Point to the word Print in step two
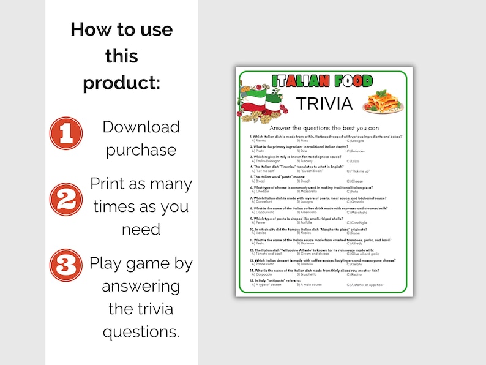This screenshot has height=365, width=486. [x=110, y=184]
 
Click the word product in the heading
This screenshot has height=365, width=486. [x=122, y=82]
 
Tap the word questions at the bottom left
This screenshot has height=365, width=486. [x=141, y=331]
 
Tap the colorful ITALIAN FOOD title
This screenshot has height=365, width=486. [x=322, y=81]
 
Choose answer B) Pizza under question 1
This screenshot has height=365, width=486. [x=302, y=141]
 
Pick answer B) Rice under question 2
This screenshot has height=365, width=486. [x=302, y=151]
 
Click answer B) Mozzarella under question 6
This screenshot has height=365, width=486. [x=307, y=192]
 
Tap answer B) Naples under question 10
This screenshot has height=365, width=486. [x=304, y=233]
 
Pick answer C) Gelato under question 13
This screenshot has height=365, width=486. [x=355, y=265]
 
